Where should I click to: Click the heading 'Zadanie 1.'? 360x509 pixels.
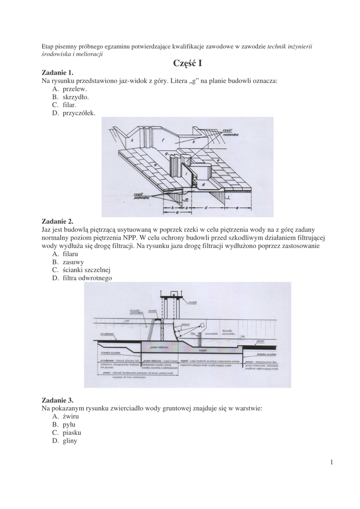tap(57, 73)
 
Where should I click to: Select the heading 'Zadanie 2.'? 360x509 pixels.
tap(57, 221)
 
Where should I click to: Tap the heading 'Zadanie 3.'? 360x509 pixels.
tap(57, 400)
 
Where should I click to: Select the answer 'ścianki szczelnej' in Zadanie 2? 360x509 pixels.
tap(86, 270)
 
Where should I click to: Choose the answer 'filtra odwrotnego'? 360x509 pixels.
tap(87, 278)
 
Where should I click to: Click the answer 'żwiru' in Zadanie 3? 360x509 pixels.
tap(71, 416)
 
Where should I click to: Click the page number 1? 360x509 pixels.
tap(331, 463)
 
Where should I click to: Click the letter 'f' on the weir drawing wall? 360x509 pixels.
tap(162, 141)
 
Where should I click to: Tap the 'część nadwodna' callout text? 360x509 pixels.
tap(229, 132)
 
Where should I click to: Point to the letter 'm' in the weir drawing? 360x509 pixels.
tap(186, 199)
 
